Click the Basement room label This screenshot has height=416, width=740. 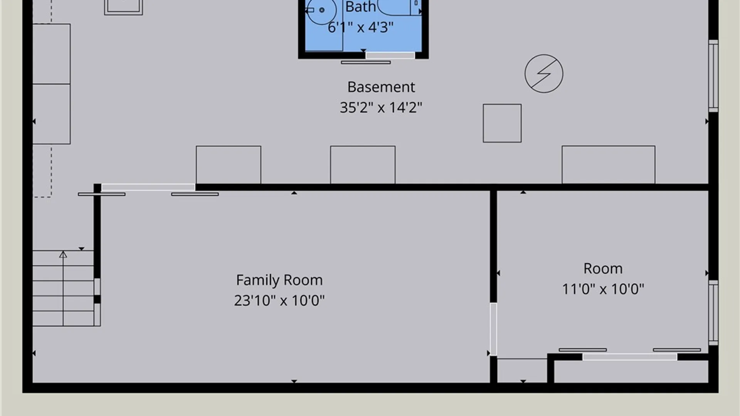point(381,87)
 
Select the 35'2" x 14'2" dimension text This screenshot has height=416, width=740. point(381,107)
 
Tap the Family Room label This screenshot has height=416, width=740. point(279,280)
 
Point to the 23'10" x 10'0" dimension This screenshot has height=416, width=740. point(279,300)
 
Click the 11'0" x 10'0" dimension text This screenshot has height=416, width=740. point(603,289)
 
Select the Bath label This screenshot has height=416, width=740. point(360,7)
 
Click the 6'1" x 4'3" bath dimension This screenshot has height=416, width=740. point(360,27)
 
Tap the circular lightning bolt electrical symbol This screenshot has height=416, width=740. point(544,74)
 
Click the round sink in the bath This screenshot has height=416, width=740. point(321,10)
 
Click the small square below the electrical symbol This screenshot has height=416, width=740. point(502,123)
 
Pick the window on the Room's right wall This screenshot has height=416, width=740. point(713,313)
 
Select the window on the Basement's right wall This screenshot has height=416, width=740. point(713,76)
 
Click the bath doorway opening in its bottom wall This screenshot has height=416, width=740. point(390,55)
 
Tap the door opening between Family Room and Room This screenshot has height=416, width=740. point(493,329)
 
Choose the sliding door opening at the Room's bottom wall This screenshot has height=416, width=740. point(630,357)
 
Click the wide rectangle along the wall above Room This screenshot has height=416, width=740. point(608,165)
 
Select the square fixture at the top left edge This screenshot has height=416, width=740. point(123,7)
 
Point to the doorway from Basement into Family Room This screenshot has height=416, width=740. point(148,187)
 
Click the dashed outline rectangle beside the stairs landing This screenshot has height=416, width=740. point(42,171)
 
